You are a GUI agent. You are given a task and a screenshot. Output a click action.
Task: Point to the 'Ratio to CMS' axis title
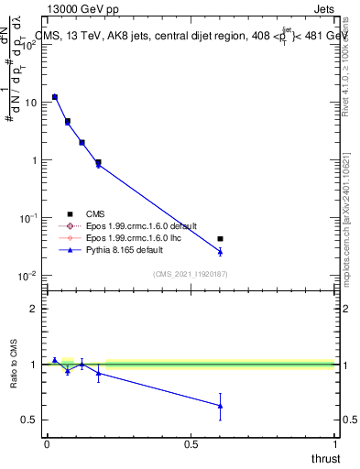pyautogui.click(x=13, y=365)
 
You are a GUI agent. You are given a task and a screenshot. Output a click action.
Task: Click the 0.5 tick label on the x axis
pyautogui.click(x=191, y=444)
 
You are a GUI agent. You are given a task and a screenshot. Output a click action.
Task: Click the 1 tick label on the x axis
pyautogui.click(x=334, y=444)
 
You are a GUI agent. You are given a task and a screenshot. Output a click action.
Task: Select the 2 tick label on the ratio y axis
pyautogui.click(x=34, y=309)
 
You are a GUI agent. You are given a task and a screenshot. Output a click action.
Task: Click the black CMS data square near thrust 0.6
pyautogui.click(x=220, y=239)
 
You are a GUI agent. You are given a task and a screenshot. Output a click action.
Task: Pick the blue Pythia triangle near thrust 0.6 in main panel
pyautogui.click(x=220, y=251)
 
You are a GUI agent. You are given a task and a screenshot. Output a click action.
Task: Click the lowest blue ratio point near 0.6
pyautogui.click(x=220, y=406)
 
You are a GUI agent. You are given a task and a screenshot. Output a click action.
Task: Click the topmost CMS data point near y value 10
pyautogui.click(x=55, y=97)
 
